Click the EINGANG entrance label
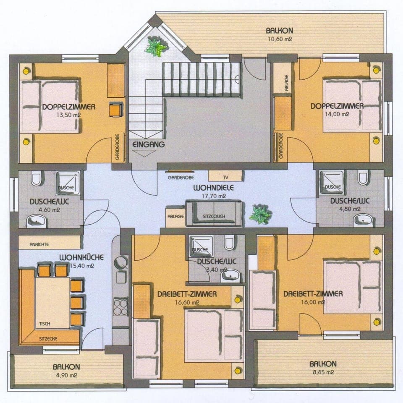click(x=148, y=144)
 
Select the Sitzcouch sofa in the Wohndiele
click(x=214, y=212)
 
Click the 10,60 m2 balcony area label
click(x=279, y=39)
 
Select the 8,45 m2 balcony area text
click(x=323, y=372)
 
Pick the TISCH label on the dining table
click(x=44, y=324)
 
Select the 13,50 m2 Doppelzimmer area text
click(x=68, y=115)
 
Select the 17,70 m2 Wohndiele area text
click(x=213, y=196)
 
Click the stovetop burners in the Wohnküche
click(x=121, y=306)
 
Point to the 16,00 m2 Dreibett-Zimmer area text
click(x=313, y=302)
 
